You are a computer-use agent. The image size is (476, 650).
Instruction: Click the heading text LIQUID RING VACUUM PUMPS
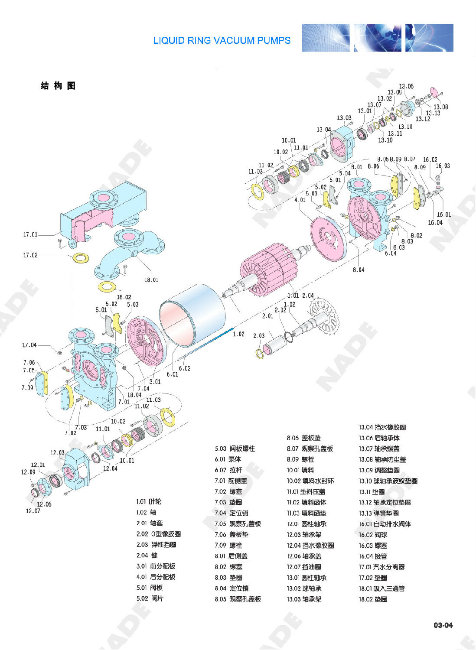click(222, 40)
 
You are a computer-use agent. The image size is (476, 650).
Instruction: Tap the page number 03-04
click(443, 625)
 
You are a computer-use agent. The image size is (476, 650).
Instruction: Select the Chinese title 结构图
click(58, 86)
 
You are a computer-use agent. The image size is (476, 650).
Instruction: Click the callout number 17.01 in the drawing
click(30, 234)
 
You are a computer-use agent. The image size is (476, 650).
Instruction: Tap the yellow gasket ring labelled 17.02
click(80, 258)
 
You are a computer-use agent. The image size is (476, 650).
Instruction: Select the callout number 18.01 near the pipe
click(151, 280)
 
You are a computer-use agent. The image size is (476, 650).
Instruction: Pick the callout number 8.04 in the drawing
click(359, 270)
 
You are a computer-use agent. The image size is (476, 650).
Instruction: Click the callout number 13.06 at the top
click(406, 86)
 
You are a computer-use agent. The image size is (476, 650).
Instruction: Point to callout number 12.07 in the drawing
click(33, 511)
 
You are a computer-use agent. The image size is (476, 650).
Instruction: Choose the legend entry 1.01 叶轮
click(149, 501)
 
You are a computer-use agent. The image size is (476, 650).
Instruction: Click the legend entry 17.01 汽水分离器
click(381, 567)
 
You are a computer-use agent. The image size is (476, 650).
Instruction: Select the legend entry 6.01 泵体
click(228, 459)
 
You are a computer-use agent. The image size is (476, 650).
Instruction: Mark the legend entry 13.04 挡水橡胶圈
click(382, 427)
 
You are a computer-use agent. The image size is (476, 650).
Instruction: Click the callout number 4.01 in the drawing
click(300, 200)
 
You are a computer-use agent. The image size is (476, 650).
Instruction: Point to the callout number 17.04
click(29, 345)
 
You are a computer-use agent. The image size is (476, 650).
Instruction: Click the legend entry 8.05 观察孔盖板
click(238, 599)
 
